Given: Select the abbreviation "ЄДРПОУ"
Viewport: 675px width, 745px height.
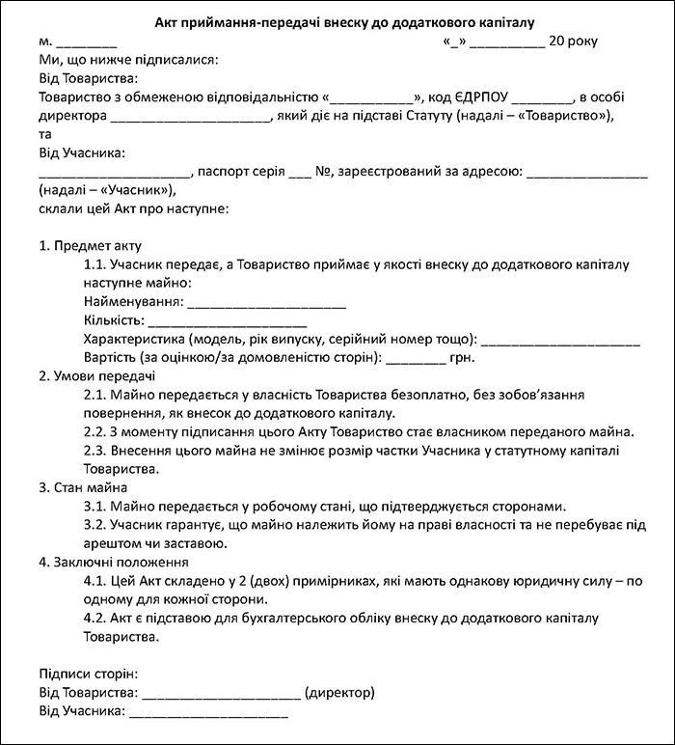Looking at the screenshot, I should tap(482, 97).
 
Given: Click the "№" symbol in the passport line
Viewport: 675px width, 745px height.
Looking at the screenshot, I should tap(324, 172).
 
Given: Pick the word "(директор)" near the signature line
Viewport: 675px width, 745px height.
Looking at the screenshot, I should tap(338, 693).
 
